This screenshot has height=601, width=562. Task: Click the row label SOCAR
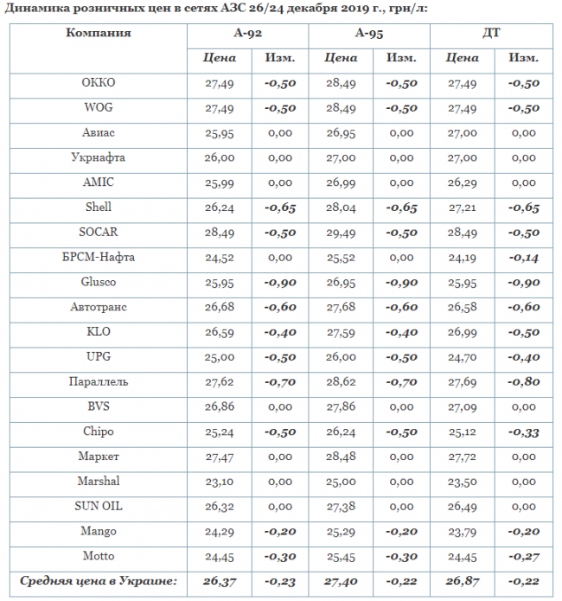tap(99, 233)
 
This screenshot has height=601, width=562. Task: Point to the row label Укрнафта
tap(99, 158)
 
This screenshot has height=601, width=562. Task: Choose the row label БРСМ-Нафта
tap(99, 258)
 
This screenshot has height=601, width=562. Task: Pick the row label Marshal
tap(99, 482)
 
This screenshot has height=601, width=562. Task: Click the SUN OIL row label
tap(99, 507)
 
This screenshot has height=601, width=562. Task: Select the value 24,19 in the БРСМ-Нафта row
tap(462, 258)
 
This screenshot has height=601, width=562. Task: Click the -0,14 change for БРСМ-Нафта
tap(522, 258)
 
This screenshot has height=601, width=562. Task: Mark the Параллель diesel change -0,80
tap(522, 382)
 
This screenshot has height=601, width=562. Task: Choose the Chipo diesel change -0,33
tap(522, 432)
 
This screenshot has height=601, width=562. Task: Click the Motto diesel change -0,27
tap(522, 557)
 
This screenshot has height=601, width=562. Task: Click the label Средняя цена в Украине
tap(99, 581)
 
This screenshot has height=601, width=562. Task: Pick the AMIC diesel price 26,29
tap(462, 183)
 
